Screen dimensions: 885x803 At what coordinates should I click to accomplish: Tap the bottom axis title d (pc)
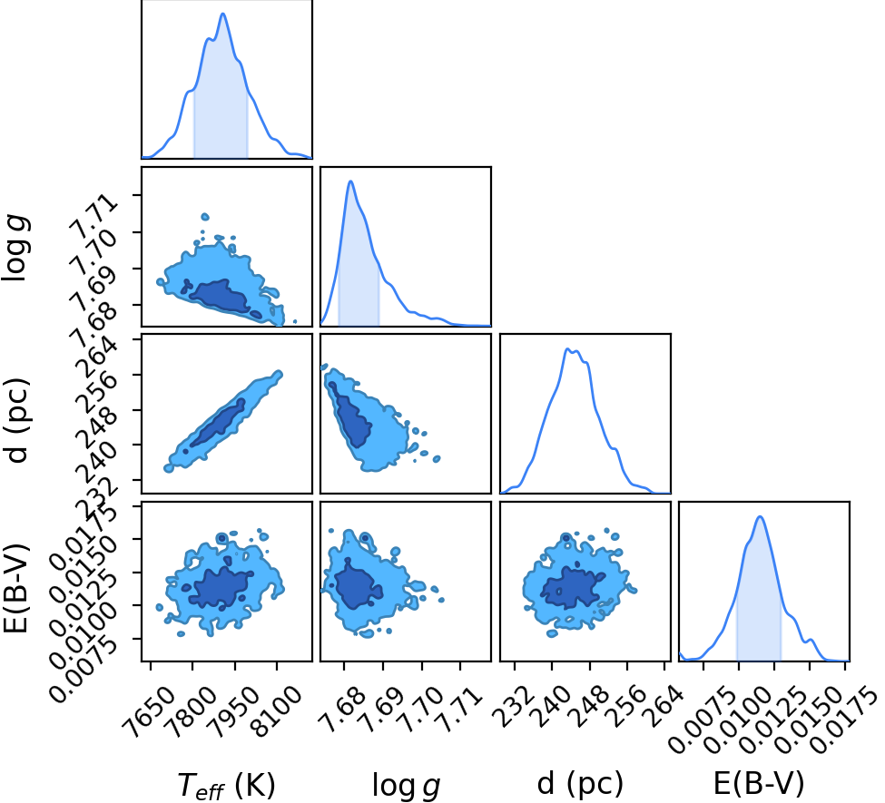point(580,783)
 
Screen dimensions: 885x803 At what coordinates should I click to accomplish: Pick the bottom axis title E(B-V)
point(759,783)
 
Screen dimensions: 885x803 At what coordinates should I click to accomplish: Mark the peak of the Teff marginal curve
point(223,14)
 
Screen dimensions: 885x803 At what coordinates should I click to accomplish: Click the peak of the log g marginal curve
point(350,181)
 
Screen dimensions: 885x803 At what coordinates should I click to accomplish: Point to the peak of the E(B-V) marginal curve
point(761,516)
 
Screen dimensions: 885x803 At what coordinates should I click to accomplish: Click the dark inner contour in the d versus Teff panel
point(218,423)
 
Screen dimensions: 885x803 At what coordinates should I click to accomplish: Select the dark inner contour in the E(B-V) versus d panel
point(572,587)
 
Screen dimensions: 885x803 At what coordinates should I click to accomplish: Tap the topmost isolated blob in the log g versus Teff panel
point(205,217)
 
